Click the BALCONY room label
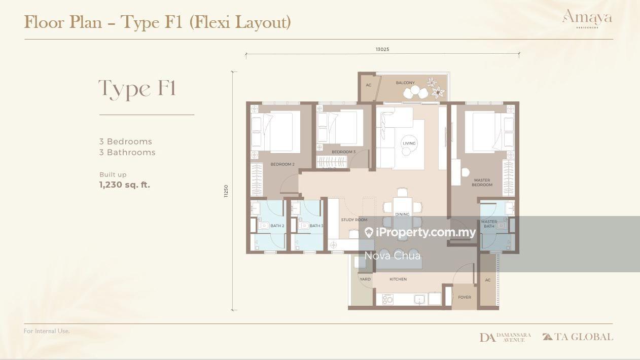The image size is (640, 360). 405,83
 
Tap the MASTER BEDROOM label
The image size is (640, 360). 482,183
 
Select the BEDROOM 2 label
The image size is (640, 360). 282,164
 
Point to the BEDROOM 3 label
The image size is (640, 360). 343,152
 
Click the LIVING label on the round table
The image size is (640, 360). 409,143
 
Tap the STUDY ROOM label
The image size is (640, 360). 354,220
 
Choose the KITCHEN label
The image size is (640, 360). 398,279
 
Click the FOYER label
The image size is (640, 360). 465,297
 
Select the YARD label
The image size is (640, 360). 365,279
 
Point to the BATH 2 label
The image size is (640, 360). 277,226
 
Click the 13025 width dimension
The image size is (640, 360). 382,49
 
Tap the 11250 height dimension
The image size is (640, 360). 226,191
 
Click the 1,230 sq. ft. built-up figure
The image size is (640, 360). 125,185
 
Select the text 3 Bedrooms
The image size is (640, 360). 125,141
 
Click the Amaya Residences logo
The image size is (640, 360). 587,19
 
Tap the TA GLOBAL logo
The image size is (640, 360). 578,337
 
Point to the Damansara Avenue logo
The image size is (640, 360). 505,337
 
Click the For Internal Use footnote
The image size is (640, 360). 47,331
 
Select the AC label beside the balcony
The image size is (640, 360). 369,85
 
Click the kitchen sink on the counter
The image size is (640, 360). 419,299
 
